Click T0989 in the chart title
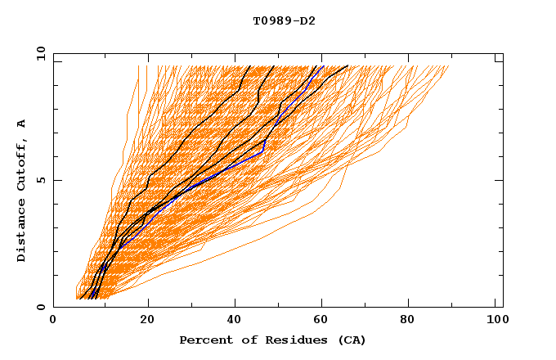pos(271,20)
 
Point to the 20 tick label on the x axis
pos(148,321)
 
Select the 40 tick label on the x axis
pos(236,321)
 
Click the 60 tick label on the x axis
pos(325,321)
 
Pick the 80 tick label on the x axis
pos(414,321)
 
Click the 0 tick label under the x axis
pos(54,321)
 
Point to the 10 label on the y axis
pos(40,54)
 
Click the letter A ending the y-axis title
pos(22,124)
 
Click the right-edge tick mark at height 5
pos(499,180)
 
